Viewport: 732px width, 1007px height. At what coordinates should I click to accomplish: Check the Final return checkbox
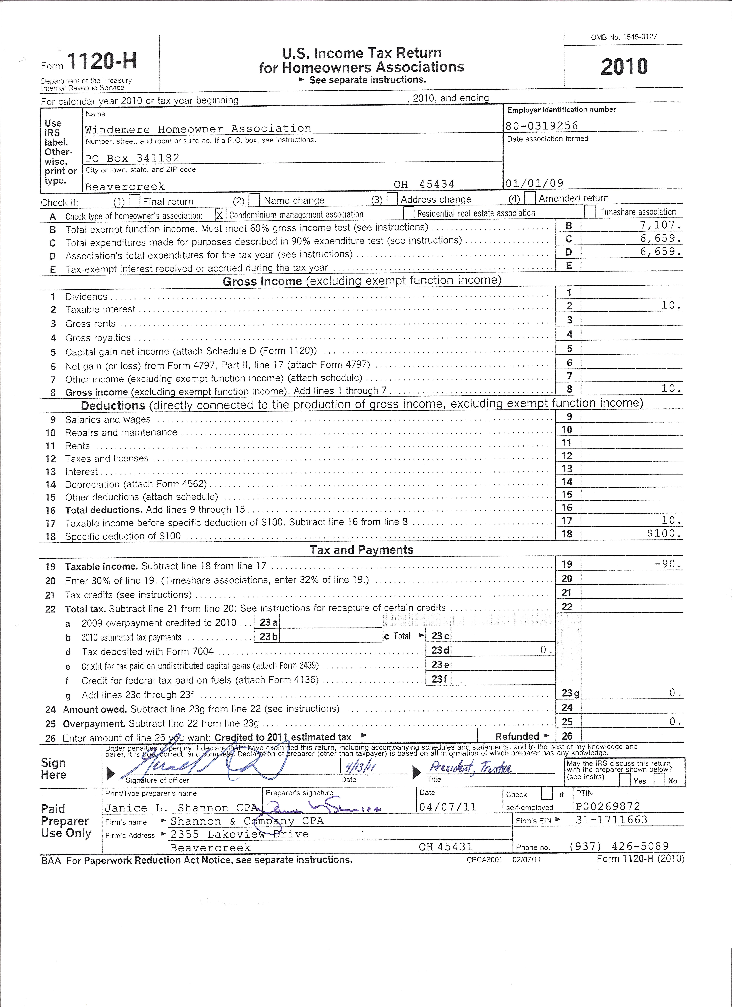134,201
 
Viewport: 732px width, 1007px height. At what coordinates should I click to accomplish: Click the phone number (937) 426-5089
619,846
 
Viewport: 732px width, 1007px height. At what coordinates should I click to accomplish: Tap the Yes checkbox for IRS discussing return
625,780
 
